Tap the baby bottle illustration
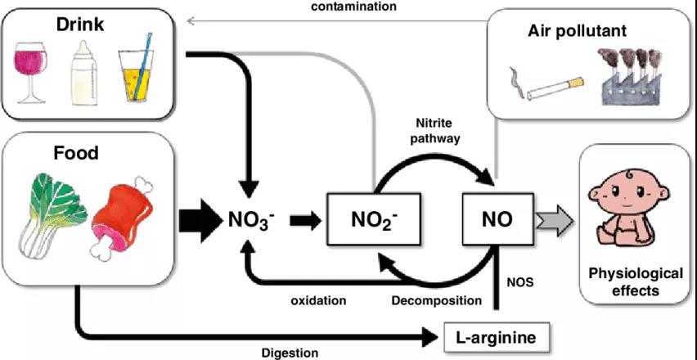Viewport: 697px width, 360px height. [x=84, y=73]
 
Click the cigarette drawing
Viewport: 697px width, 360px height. [x=547, y=87]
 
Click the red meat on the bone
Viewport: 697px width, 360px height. [x=122, y=217]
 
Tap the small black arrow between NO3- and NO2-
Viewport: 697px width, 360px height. [x=305, y=219]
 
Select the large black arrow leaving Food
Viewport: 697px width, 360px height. [x=200, y=219]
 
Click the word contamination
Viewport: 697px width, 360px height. [x=354, y=7]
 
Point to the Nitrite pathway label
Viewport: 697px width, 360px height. [x=438, y=131]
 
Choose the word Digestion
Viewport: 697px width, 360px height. [x=290, y=353]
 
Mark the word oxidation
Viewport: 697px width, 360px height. [x=318, y=300]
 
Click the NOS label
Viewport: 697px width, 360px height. [x=519, y=281]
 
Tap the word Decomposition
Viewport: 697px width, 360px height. [x=437, y=301]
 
